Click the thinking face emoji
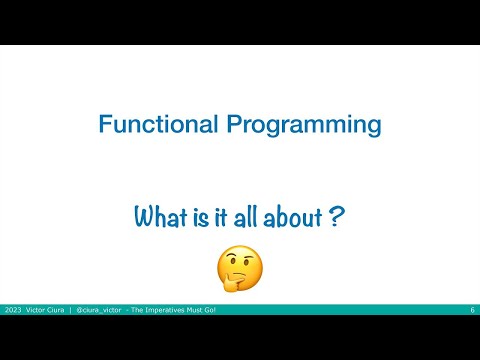click(240, 268)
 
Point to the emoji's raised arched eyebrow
click(247, 255)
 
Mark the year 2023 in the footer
click(14, 311)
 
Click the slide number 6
click(472, 311)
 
